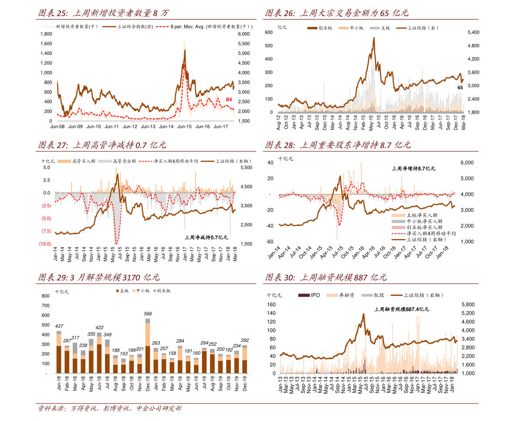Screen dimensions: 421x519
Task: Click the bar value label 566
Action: click(148, 313)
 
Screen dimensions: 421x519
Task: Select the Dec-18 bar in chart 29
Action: click(148, 346)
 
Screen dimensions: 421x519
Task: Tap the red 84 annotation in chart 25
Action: click(229, 100)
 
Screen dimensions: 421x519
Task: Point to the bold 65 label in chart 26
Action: click(460, 88)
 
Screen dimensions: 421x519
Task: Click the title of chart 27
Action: click(102, 145)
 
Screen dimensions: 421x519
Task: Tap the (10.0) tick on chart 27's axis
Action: click(45, 244)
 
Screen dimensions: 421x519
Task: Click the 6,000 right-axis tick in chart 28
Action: click(467, 163)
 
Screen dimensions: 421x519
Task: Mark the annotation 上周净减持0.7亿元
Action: click(206, 237)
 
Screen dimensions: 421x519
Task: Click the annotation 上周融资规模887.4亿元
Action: click(401, 309)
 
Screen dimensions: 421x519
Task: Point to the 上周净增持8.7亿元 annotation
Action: click(413, 168)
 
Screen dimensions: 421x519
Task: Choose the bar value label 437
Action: click(59, 326)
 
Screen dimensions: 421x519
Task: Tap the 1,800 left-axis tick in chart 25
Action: click(46, 44)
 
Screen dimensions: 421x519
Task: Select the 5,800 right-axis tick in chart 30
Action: click(468, 304)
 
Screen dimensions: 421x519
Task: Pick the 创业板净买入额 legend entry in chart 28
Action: click(424, 227)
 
